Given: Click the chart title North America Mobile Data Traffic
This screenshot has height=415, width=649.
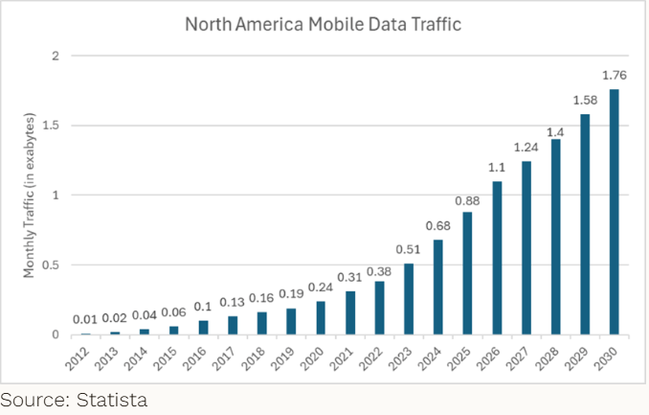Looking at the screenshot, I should [323, 24].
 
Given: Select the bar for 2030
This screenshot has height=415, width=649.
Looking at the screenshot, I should [613, 212].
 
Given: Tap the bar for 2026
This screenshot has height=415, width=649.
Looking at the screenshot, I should [496, 258].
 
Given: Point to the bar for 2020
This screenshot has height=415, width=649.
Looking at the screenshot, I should [320, 318].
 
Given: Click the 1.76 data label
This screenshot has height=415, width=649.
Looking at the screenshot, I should [613, 75].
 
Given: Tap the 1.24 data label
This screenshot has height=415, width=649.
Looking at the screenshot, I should [525, 147].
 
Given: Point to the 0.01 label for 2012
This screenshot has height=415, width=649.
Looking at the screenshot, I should [85, 319].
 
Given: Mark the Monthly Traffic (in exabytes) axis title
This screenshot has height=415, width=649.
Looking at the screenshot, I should [30, 196].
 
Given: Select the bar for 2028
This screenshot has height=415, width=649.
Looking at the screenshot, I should [554, 237].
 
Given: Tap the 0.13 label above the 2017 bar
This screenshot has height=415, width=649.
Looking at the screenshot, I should [232, 303].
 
